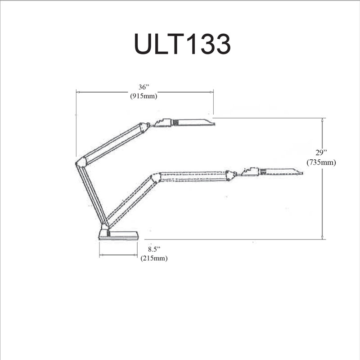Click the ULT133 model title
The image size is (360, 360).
point(182,44)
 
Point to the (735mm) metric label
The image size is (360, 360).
point(321,162)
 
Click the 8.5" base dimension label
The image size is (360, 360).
point(154,249)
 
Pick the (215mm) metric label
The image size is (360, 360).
point(154,258)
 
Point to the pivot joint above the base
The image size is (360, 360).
point(105,226)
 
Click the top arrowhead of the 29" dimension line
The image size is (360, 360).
point(322,120)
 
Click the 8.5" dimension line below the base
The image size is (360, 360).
point(118,255)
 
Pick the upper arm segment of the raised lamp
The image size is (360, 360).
point(112,143)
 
